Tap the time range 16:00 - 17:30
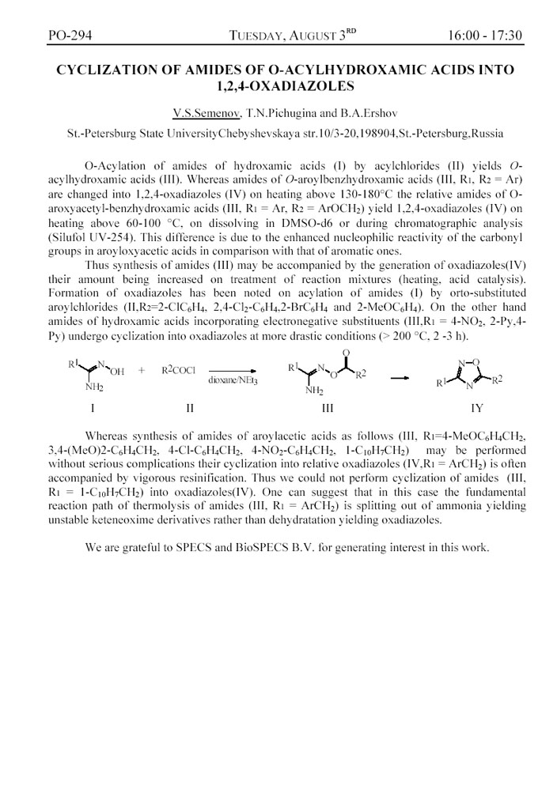pyautogui.click(x=485, y=36)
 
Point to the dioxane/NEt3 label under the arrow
pyautogui.click(x=235, y=380)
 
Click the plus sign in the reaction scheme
pyautogui.click(x=141, y=370)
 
